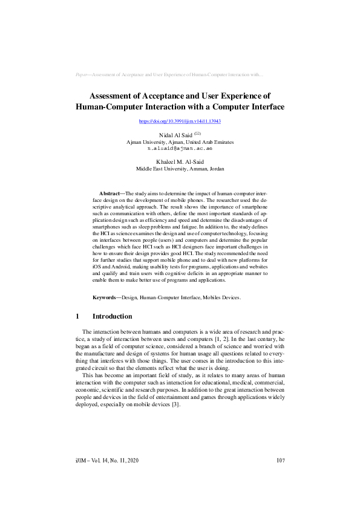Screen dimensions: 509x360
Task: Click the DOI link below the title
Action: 180,122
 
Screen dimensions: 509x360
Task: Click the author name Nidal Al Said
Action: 175,135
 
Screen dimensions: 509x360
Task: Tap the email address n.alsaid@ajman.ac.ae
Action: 180,148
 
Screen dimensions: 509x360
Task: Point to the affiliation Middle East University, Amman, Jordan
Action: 180,169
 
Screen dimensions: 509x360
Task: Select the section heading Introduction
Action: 112,316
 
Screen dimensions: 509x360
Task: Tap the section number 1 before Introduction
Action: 77,316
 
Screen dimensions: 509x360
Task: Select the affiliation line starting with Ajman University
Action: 180,141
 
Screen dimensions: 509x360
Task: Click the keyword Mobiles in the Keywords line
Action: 211,297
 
